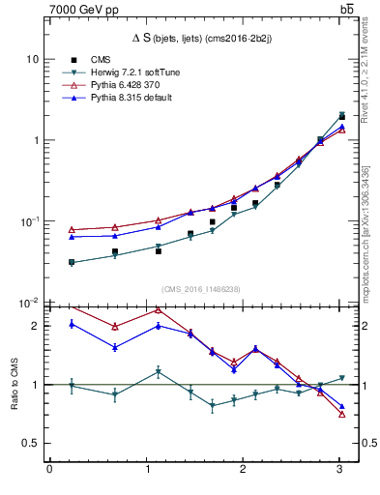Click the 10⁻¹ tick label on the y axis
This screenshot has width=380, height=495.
click(x=29, y=221)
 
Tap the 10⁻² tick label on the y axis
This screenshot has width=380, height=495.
click(x=29, y=303)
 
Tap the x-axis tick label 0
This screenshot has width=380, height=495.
click(x=49, y=471)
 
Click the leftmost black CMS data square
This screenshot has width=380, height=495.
click(x=73, y=262)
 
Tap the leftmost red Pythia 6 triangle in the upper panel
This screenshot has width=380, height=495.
click(x=73, y=230)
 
